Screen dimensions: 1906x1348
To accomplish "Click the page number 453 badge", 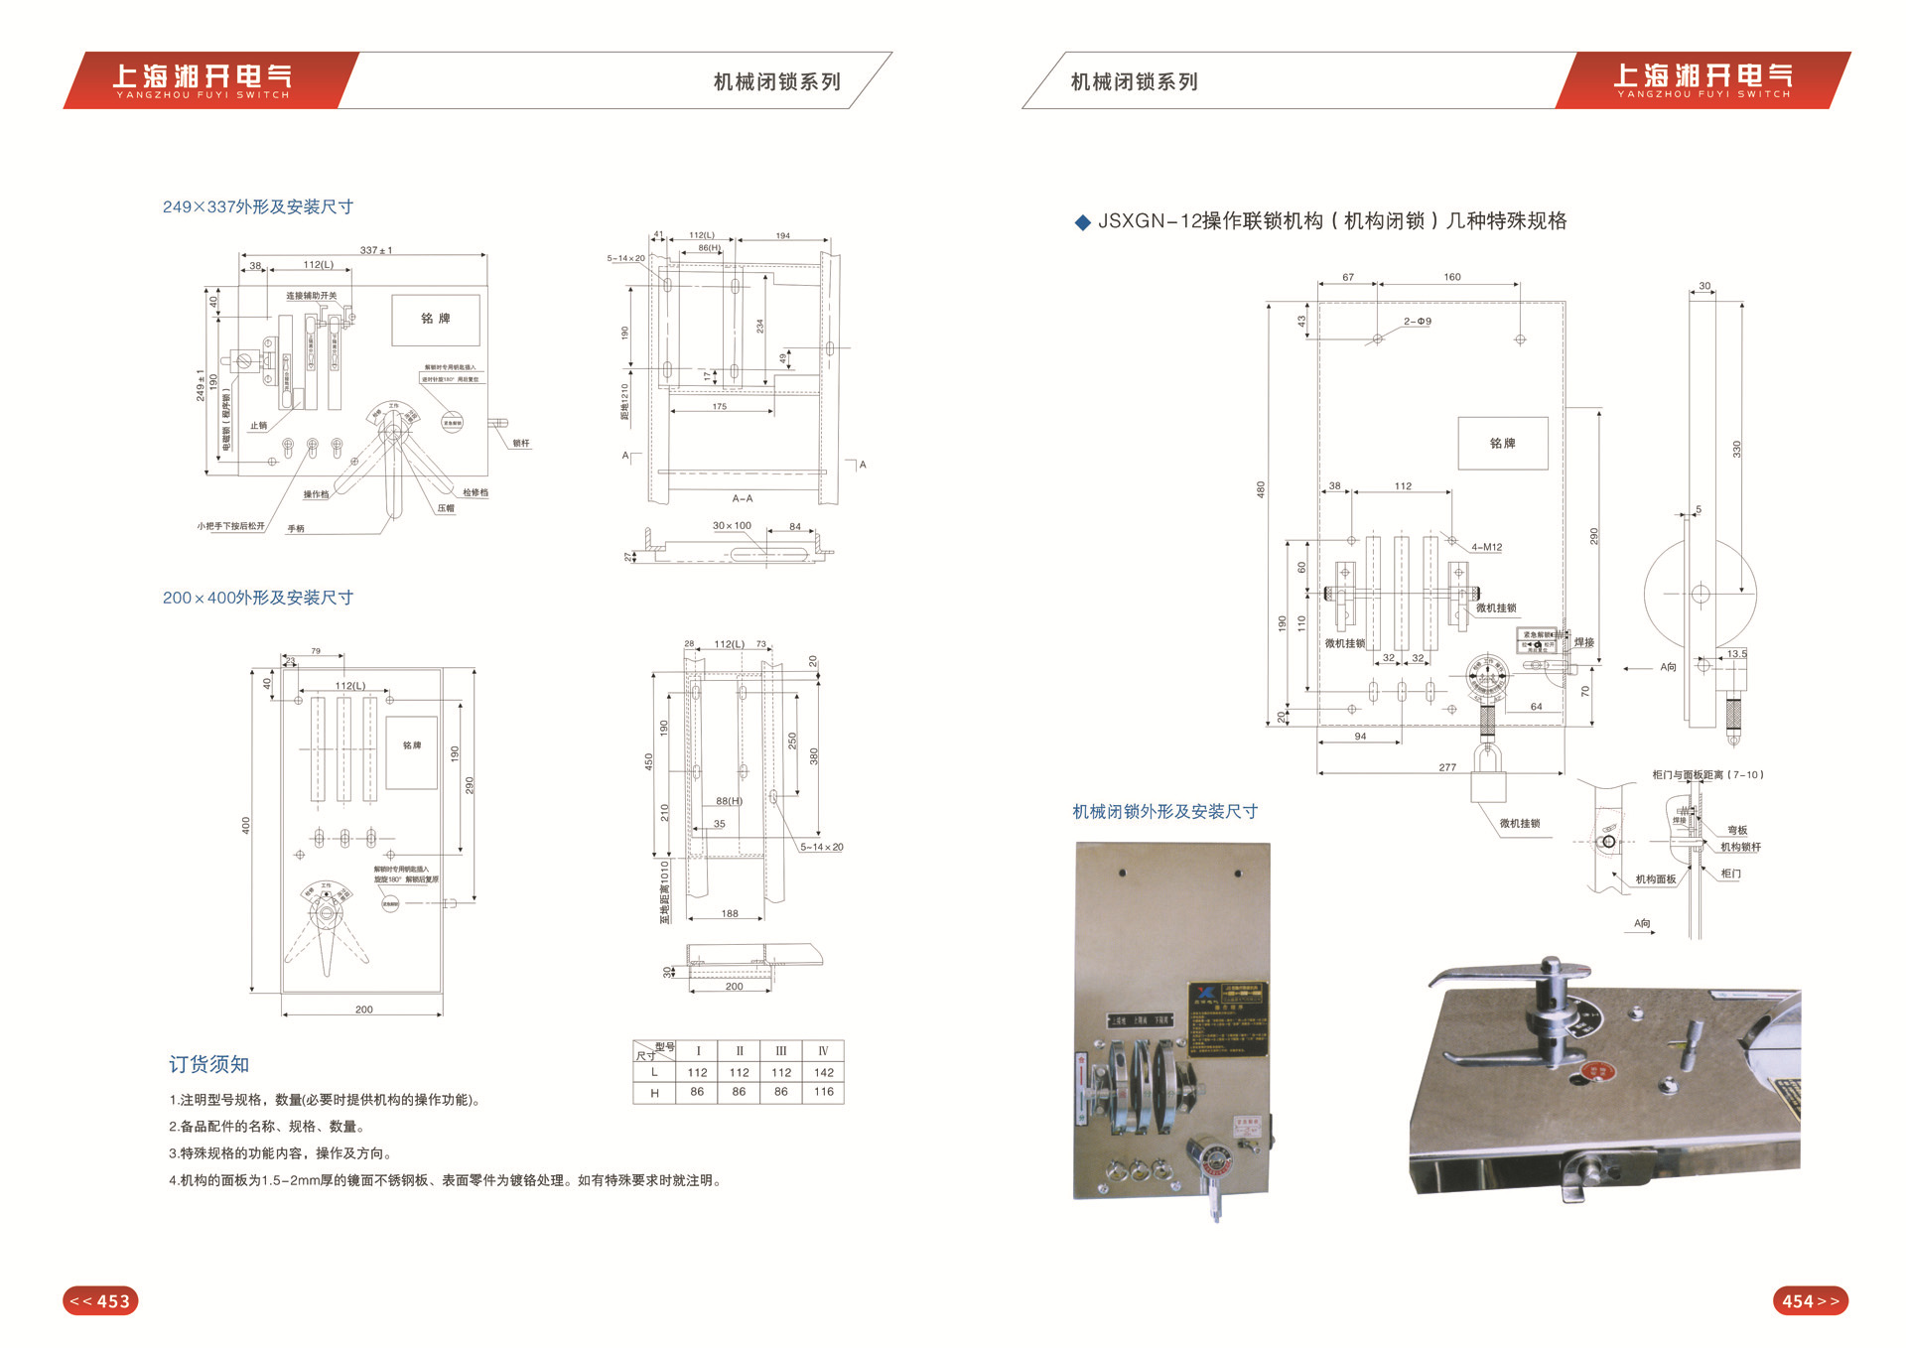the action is (100, 1300).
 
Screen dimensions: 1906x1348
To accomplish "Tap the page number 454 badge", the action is (1810, 1300).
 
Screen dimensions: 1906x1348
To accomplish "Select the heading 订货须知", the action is (208, 1064).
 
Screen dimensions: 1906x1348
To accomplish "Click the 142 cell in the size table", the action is (823, 1072).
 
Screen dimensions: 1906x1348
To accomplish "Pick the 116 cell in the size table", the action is (823, 1092).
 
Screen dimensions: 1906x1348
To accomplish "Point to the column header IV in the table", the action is (823, 1050).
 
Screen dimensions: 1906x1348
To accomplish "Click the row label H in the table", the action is (654, 1092).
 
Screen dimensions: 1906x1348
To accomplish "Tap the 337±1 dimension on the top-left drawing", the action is (376, 250).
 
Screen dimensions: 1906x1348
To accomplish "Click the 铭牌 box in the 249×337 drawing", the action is (436, 319).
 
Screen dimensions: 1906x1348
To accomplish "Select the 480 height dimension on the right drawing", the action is (1261, 489).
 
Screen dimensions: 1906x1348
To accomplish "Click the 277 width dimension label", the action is (1447, 767).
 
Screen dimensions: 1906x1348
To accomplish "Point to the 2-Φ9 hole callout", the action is (1418, 322).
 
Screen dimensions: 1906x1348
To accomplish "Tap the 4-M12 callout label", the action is (1486, 547).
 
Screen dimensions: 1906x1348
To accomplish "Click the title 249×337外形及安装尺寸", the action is (258, 206).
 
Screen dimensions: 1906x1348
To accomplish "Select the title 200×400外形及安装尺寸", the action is (258, 598).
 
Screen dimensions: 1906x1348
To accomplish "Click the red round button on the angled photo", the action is (1597, 1071).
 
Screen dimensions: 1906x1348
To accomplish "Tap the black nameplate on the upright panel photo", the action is (1227, 1018).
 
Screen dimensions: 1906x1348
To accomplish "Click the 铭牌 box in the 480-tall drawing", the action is (1502, 443).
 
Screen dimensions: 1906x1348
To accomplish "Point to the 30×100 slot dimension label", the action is (732, 526).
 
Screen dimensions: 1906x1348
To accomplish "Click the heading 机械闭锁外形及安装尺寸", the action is (1164, 812).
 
